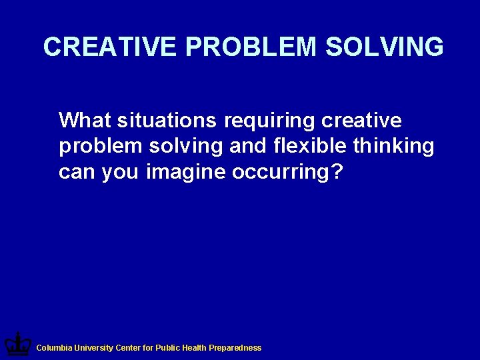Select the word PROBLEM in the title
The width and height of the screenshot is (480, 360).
point(251,47)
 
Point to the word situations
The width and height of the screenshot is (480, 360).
point(167,121)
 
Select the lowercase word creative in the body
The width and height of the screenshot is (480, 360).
point(361,121)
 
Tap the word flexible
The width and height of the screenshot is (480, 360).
point(311,146)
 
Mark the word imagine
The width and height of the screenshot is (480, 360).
point(186,173)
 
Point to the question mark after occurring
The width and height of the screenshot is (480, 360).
point(337,171)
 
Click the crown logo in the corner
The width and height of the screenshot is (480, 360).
point(17,345)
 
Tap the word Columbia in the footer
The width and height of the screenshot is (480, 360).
point(54,348)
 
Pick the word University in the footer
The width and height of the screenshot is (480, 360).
point(93,348)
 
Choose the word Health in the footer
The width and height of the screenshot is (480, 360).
point(193,348)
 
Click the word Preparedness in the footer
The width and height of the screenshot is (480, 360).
point(235,348)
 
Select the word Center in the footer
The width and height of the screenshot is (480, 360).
point(128,348)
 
